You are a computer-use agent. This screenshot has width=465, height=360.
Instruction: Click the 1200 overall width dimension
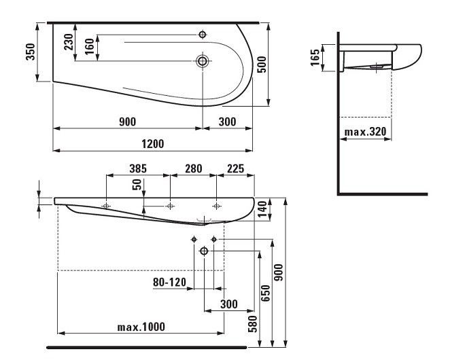[152, 144]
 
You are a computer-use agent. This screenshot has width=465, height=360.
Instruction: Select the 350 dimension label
[30, 52]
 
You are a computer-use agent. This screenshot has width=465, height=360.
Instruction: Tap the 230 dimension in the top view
[69, 42]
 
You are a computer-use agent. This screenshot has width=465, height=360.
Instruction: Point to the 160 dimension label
[89, 46]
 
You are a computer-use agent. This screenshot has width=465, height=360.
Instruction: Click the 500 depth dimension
[262, 65]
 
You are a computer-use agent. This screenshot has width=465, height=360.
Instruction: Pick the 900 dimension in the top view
[128, 122]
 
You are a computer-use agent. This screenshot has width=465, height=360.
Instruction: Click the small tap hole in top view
[203, 35]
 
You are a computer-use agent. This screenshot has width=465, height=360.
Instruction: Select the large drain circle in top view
[203, 61]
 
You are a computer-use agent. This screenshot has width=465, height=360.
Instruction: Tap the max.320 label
[365, 131]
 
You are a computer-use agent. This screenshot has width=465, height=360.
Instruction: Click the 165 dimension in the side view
[315, 58]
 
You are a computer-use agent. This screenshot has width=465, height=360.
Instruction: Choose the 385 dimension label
[138, 168]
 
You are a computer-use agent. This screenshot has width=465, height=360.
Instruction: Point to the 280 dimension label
[193, 168]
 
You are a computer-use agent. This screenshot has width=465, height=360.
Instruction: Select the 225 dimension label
[235, 168]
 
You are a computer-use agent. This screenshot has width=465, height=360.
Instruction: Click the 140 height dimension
[262, 209]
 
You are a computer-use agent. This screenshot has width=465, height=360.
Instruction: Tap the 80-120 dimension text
[169, 282]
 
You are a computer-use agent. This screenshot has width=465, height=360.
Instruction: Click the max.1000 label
[141, 327]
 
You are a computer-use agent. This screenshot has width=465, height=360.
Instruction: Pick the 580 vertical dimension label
[253, 324]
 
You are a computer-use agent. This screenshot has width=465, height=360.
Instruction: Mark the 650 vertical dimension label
[265, 293]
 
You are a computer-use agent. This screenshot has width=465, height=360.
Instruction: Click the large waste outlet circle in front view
[204, 251]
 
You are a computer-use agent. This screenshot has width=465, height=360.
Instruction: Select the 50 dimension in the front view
[137, 185]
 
